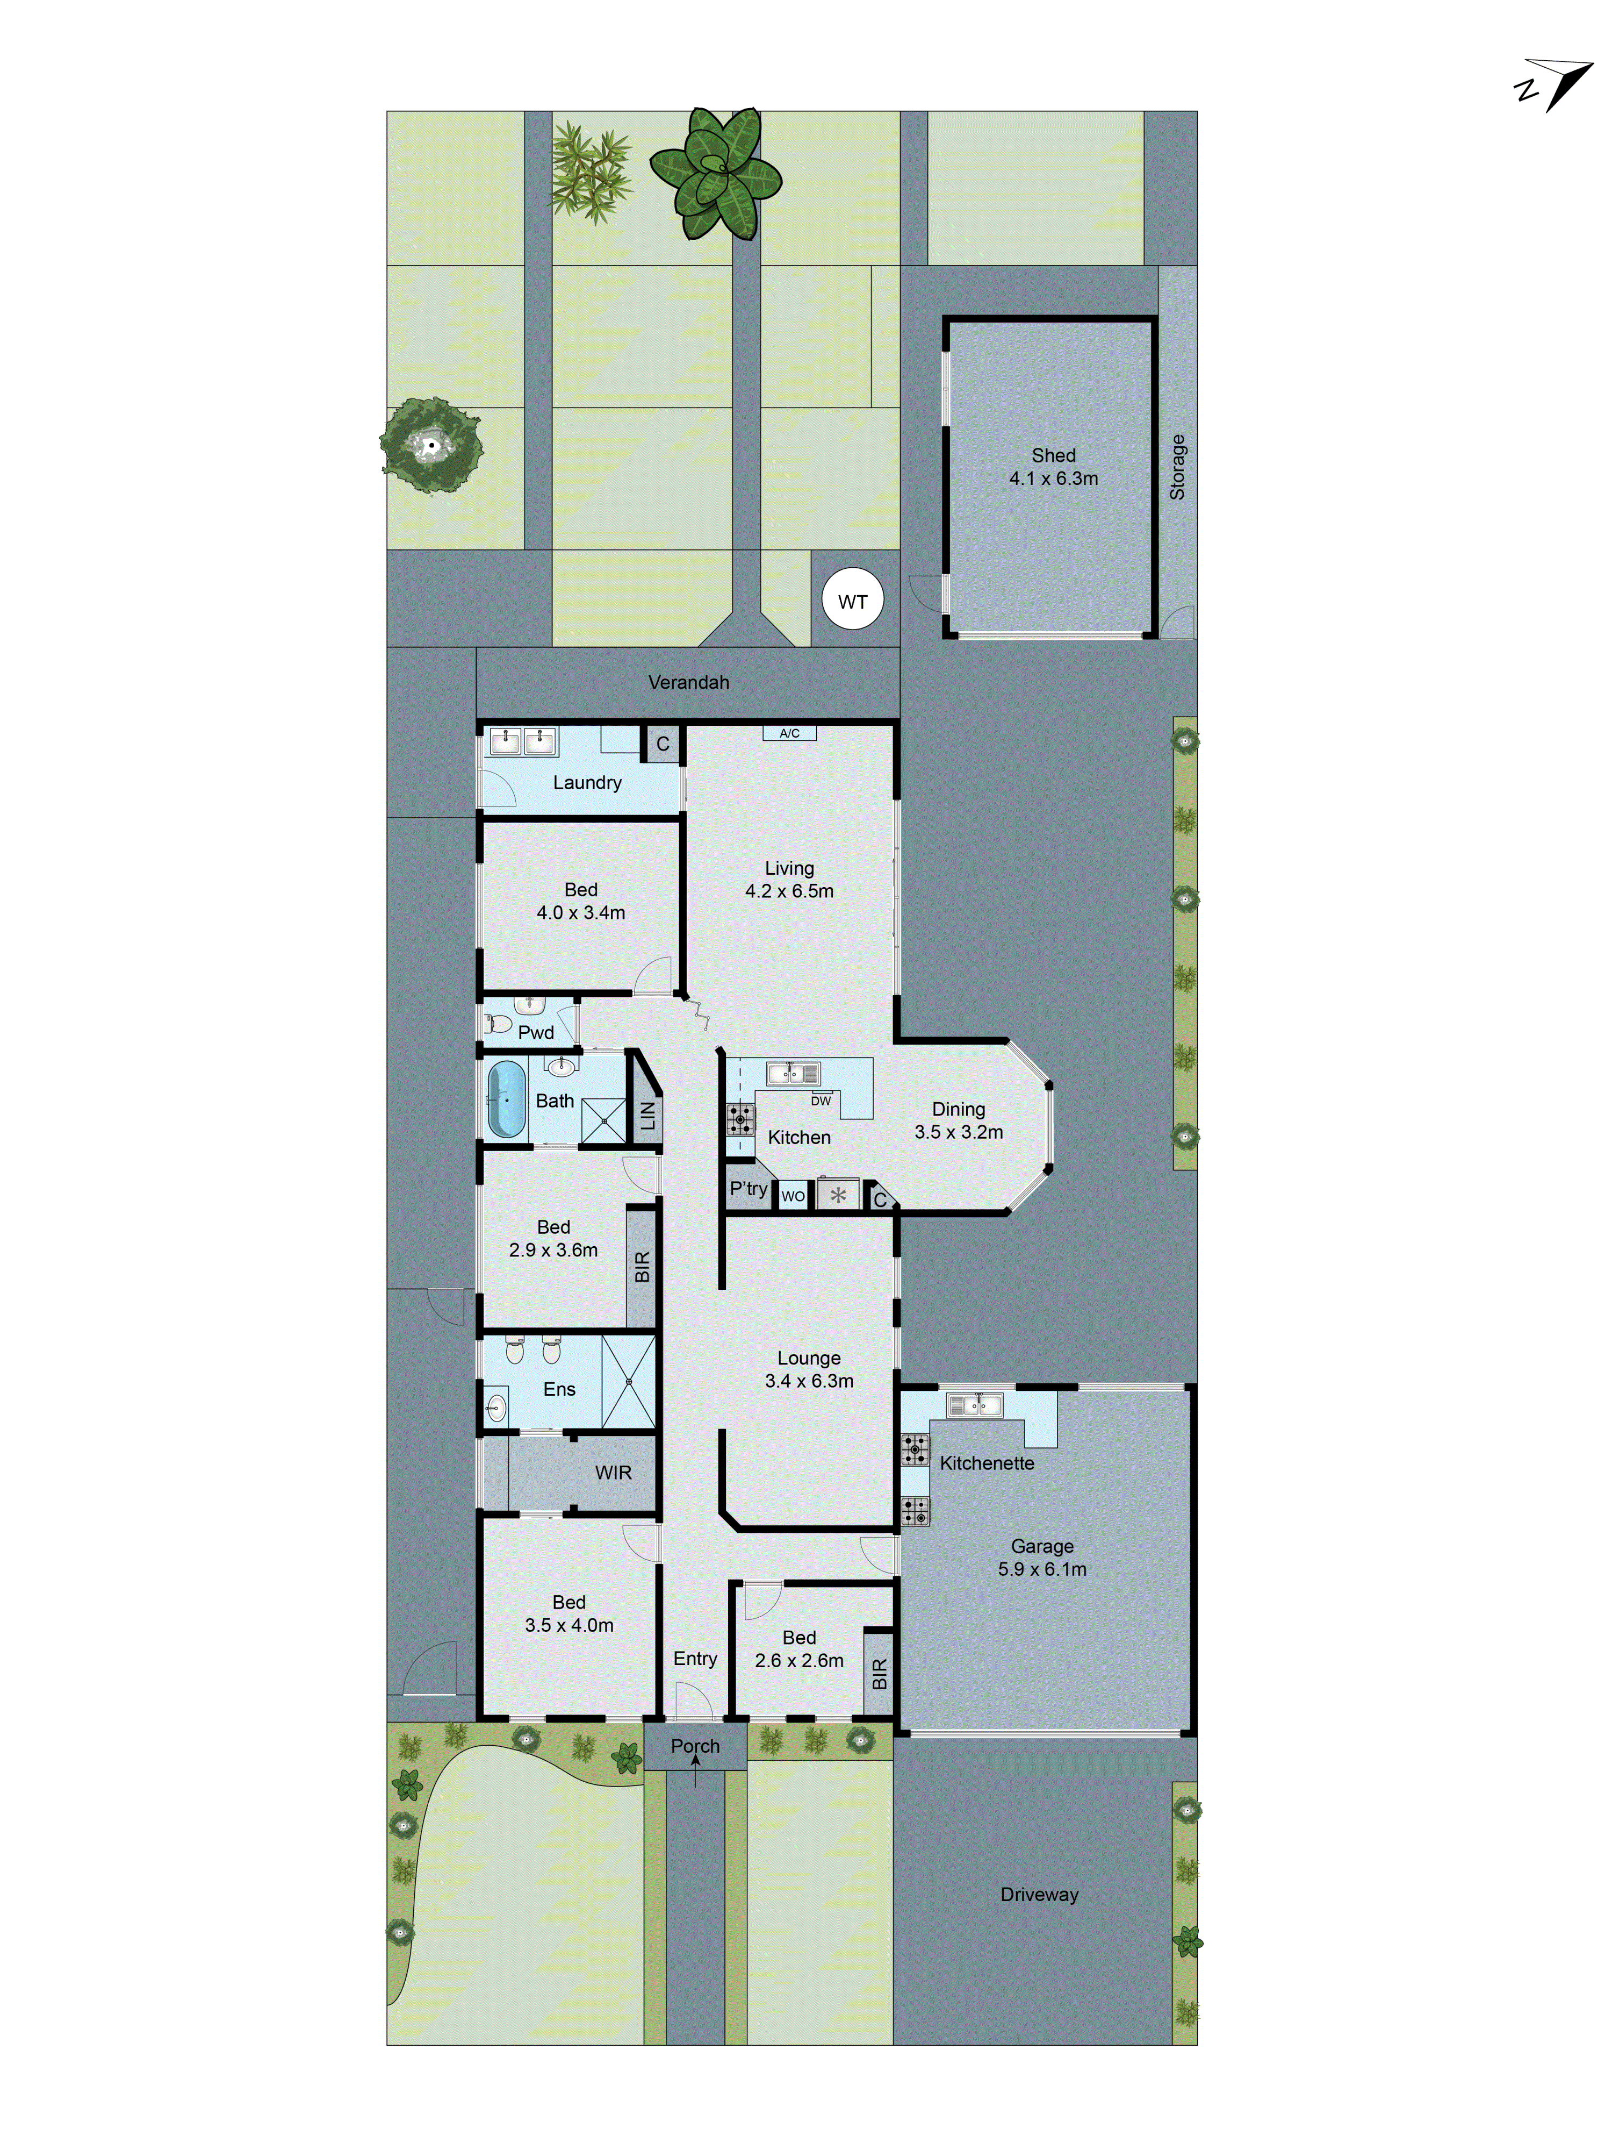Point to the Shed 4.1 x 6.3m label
(1053, 467)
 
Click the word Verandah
(688, 682)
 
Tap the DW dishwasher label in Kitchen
(821, 1101)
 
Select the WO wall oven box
(793, 1196)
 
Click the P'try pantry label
(748, 1189)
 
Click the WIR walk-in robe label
(613, 1473)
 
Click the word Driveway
(1039, 1895)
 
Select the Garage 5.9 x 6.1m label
(1042, 1557)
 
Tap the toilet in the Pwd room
(499, 1023)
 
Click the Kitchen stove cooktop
(739, 1120)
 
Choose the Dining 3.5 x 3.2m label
(958, 1120)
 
